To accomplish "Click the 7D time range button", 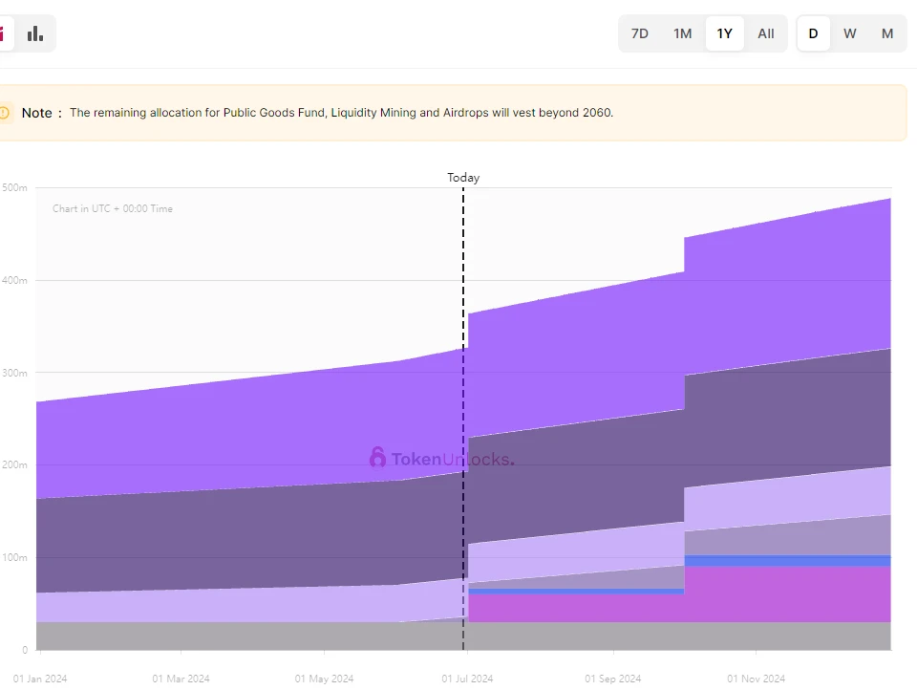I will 640,33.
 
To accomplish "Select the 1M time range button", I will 682,33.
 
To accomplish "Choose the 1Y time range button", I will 725,33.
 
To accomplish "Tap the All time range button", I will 766,33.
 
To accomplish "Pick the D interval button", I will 813,33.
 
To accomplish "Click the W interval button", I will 850,33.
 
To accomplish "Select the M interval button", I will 887,33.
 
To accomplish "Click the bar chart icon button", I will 35,33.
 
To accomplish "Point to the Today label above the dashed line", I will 463,178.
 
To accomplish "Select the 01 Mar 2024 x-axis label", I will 181,679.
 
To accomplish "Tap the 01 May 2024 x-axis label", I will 324,679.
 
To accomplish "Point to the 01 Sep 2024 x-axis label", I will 613,679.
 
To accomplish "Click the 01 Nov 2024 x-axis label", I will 756,679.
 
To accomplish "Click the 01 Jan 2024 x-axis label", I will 40,679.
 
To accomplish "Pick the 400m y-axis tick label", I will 16,280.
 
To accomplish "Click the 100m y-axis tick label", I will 16,557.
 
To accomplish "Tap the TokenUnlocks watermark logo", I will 442,459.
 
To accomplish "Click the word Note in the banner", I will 37,113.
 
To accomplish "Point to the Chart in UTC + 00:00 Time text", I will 113,208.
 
